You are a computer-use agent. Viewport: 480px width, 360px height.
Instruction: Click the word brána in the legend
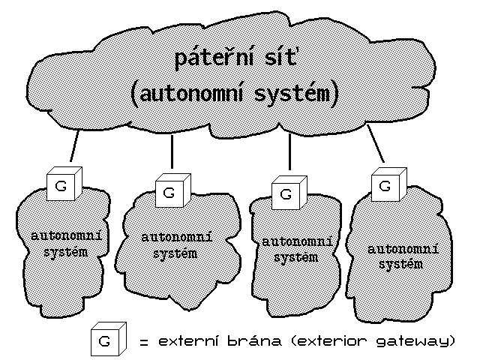coord(259,341)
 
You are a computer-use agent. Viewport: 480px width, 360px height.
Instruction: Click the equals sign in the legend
coord(143,342)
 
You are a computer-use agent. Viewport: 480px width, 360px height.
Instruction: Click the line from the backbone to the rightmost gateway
coord(376,145)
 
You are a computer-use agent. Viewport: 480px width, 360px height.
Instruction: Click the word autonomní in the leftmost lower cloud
coord(66,236)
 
